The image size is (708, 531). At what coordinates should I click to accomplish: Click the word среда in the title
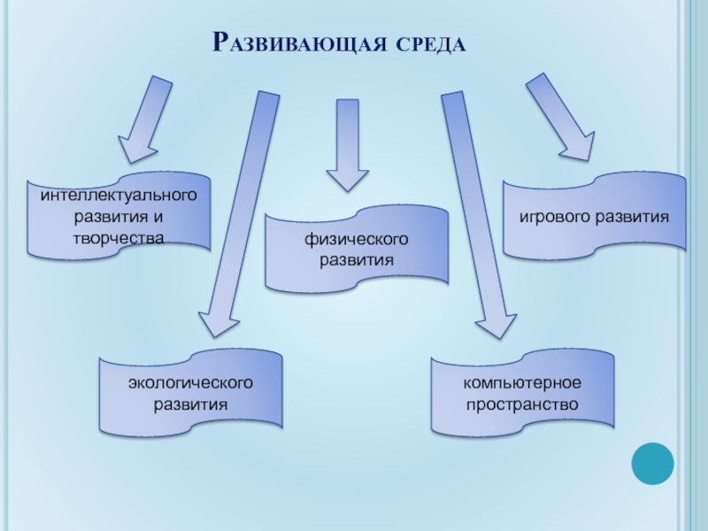tap(426, 43)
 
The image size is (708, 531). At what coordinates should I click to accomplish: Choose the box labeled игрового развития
tap(594, 217)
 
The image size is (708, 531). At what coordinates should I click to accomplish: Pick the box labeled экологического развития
tap(190, 393)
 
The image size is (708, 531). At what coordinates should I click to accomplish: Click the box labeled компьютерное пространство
tap(522, 393)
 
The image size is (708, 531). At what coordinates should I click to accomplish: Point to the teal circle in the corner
tap(653, 463)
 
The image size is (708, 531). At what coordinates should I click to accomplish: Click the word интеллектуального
tap(119, 194)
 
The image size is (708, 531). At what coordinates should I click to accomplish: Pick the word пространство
tap(522, 404)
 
